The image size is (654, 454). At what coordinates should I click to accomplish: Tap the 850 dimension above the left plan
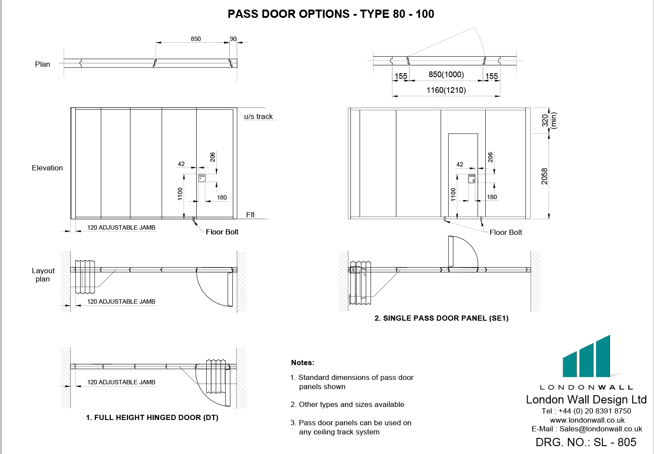(196, 39)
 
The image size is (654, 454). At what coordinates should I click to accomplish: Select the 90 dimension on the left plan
(233, 39)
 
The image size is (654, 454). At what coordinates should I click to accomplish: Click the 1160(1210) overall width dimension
(446, 90)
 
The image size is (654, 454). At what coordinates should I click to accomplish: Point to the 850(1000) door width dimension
(446, 75)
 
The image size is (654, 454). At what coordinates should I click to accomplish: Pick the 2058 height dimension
(545, 176)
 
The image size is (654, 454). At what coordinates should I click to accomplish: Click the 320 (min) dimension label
(549, 120)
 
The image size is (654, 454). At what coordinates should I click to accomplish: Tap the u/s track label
(258, 116)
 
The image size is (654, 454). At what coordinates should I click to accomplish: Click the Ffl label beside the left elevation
(250, 215)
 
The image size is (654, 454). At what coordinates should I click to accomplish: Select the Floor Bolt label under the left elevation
(222, 232)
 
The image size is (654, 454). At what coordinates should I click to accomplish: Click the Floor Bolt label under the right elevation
(506, 232)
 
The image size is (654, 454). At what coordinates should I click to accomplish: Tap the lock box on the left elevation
(202, 177)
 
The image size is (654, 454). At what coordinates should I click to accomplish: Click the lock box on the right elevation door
(472, 178)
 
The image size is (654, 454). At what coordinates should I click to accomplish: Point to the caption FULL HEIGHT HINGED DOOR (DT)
(152, 417)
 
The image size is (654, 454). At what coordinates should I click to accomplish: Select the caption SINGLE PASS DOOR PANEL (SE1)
(441, 318)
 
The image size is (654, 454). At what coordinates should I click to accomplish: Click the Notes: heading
(303, 363)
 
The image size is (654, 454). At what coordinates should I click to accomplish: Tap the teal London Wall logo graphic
(586, 357)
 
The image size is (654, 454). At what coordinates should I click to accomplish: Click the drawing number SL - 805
(586, 442)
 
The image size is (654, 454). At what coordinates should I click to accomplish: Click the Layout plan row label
(43, 274)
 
